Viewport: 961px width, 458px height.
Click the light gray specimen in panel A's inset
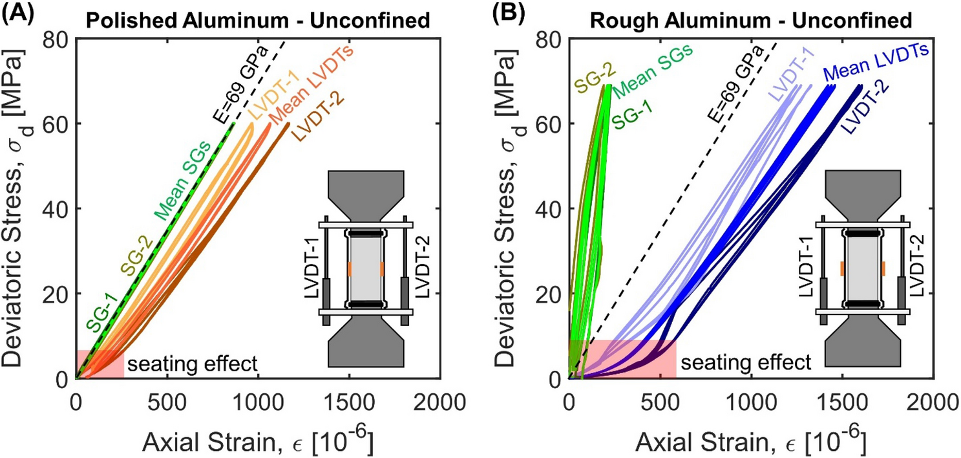tap(366, 267)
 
